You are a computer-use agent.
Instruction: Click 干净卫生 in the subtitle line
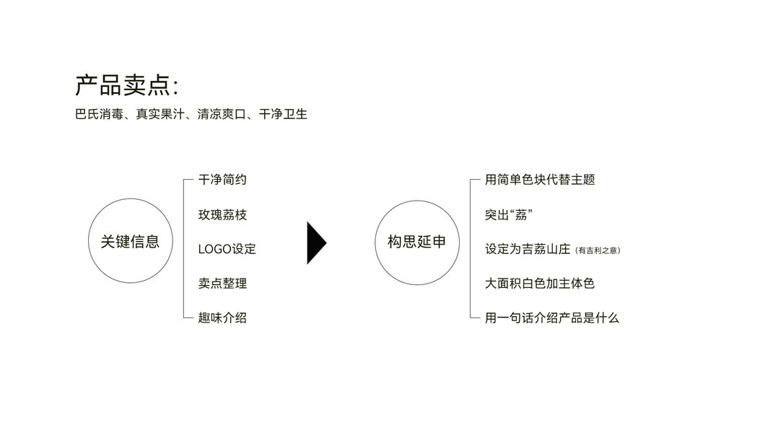(x=284, y=114)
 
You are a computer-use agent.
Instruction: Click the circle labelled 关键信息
(x=130, y=242)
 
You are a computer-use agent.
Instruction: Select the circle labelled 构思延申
(x=417, y=242)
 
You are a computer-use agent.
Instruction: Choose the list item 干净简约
(x=222, y=180)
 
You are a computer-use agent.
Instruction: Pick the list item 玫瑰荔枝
(x=222, y=214)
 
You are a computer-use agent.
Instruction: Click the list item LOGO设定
(x=227, y=249)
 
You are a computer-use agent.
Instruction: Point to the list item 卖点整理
(x=222, y=283)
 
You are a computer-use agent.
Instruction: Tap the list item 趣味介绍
(x=222, y=318)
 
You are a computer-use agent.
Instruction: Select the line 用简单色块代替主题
(x=540, y=180)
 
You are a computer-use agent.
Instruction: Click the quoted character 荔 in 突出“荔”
(x=520, y=214)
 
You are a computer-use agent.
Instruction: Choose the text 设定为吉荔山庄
(x=528, y=249)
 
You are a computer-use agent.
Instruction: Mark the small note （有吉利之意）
(x=598, y=250)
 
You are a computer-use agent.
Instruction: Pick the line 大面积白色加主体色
(x=540, y=283)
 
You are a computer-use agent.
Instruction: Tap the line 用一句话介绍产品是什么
(x=552, y=318)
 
